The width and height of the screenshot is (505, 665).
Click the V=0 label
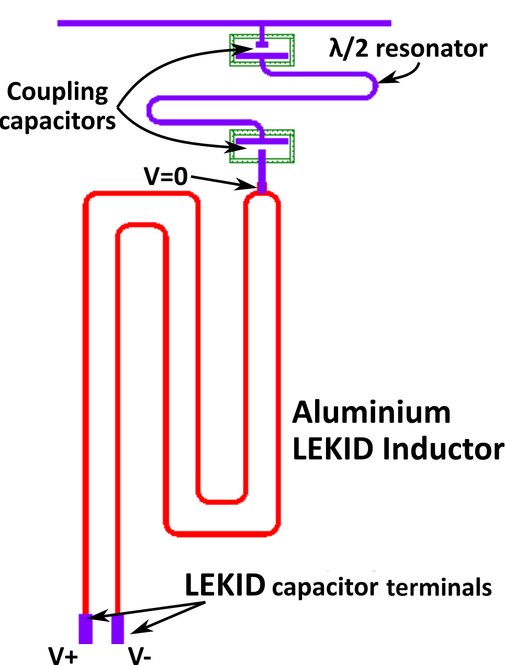click(x=165, y=176)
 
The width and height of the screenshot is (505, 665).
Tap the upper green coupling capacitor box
click(x=262, y=50)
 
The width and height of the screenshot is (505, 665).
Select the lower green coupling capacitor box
click(x=262, y=146)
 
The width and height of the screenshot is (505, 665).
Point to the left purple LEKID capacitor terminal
click(x=85, y=629)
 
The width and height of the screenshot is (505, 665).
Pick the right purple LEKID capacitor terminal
click(x=117, y=629)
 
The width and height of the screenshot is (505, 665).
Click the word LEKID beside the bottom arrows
click(x=225, y=585)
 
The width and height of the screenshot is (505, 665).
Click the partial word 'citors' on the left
click(x=86, y=121)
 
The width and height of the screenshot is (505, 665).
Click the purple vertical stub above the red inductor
click(x=262, y=170)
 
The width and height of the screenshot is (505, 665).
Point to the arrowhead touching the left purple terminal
click(x=99, y=616)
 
